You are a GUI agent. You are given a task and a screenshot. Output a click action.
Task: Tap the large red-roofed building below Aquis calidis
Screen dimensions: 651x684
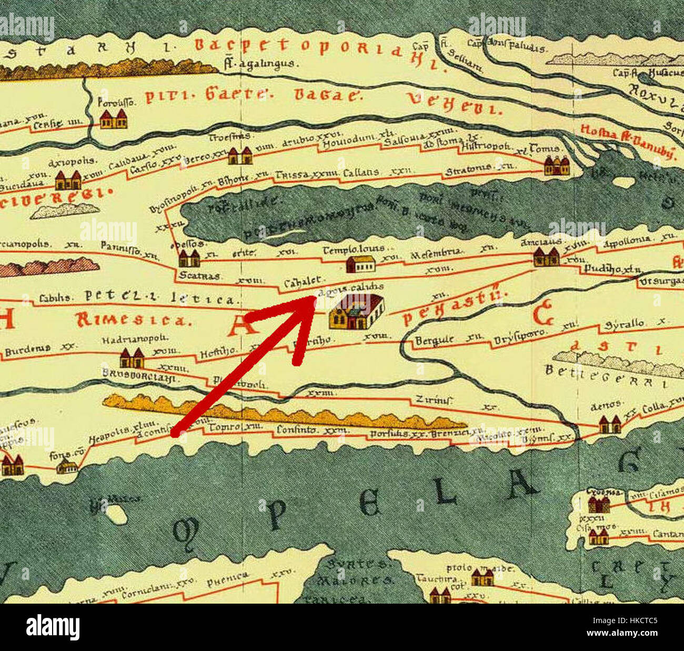click(356, 312)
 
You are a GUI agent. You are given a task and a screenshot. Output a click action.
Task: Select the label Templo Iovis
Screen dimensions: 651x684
click(353, 249)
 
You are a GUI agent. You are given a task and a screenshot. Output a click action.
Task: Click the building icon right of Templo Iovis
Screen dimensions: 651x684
click(360, 263)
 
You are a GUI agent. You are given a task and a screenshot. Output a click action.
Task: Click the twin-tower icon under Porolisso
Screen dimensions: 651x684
click(113, 119)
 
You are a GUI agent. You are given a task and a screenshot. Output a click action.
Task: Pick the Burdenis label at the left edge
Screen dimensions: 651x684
click(28, 348)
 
